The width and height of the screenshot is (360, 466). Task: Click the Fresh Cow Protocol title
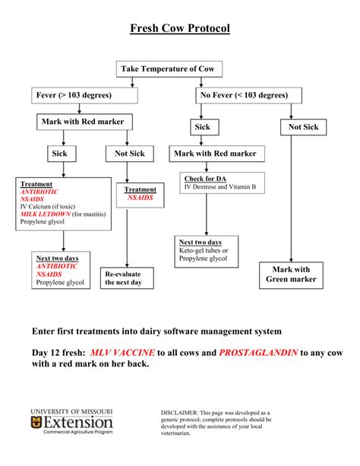(x=179, y=29)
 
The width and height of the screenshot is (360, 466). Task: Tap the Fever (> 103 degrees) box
(x=74, y=95)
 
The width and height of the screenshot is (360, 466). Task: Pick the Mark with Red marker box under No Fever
(x=215, y=154)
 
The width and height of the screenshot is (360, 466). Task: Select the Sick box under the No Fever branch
(x=202, y=128)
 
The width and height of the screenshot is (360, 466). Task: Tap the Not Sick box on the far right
(x=303, y=128)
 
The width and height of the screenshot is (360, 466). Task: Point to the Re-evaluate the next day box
(x=129, y=277)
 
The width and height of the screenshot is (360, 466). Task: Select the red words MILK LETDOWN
(x=46, y=214)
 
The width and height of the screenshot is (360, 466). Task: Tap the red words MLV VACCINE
(x=122, y=353)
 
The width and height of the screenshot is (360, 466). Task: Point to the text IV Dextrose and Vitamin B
(x=223, y=186)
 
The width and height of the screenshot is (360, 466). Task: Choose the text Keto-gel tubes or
(x=204, y=250)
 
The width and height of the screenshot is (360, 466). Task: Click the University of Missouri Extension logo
(x=73, y=422)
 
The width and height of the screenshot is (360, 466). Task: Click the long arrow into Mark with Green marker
(x=290, y=198)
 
